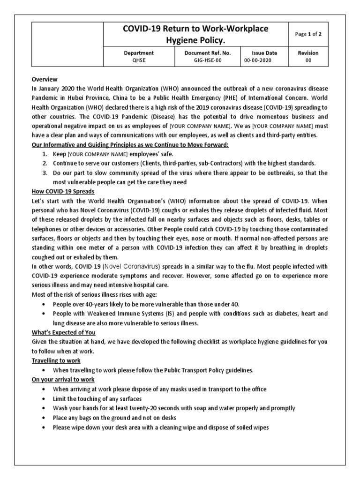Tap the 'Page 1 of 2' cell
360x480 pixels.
[308, 34]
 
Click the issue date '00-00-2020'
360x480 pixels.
[257, 60]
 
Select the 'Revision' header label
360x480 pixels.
[308, 53]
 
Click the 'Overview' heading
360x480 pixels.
[45, 80]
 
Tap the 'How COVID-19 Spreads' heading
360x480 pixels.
[63, 191]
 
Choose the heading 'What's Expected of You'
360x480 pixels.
[63, 332]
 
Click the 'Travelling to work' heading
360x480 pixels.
[56, 360]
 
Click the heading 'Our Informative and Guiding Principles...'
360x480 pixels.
[130, 145]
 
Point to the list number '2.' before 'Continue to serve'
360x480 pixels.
[45, 163]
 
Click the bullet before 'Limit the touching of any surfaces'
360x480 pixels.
[44, 398]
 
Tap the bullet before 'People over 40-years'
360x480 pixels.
[44, 304]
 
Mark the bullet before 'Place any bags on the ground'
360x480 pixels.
[44, 418]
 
